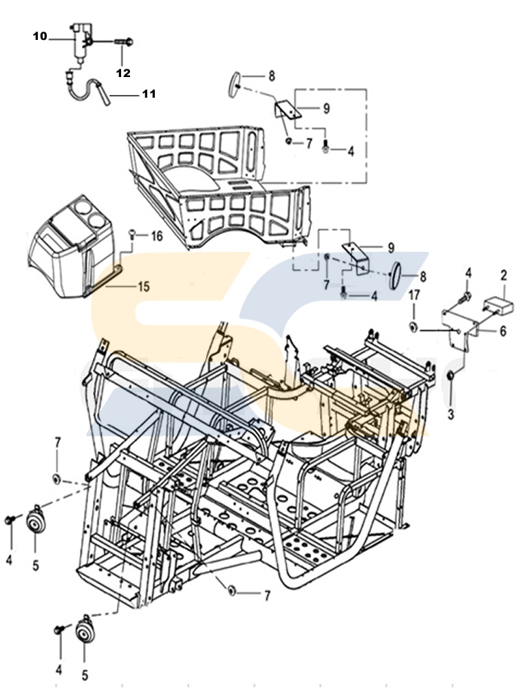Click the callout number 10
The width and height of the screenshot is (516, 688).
39,36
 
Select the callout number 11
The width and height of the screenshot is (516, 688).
149,94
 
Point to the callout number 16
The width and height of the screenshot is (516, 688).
157,236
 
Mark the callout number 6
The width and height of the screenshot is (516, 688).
503,331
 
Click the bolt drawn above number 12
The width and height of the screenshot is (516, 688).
124,43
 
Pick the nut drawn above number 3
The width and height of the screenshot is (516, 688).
451,376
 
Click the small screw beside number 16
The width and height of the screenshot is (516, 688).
135,235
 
